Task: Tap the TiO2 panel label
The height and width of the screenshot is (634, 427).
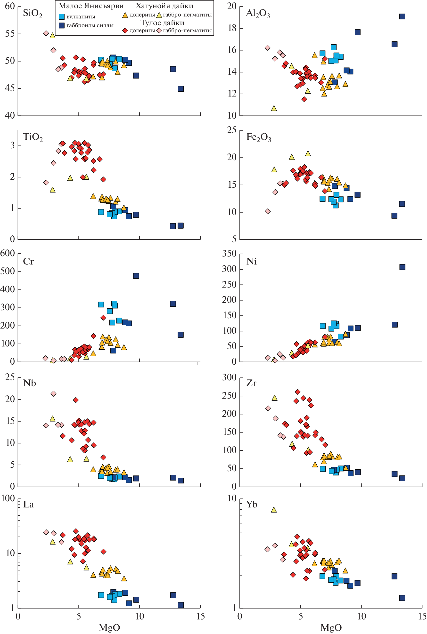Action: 33,137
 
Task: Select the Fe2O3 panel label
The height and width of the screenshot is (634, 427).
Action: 258,137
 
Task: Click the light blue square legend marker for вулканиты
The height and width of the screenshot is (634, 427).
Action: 62,16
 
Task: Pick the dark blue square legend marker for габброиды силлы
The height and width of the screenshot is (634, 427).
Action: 62,25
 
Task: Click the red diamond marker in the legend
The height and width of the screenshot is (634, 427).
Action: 125,31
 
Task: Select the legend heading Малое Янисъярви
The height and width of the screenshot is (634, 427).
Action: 91,6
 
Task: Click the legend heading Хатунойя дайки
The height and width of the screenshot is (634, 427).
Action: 164,6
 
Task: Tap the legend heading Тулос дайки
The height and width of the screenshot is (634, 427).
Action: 162,23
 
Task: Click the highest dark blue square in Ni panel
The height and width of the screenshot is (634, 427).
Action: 402,267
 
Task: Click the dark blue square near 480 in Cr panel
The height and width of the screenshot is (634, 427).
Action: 136,276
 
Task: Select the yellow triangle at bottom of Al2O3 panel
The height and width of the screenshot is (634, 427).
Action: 274,108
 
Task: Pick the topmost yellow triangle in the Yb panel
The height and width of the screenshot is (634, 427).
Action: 274,510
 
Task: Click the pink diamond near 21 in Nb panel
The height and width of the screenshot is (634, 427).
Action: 53,393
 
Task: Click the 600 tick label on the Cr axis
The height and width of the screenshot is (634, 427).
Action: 8,253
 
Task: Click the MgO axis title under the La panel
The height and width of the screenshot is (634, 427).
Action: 109,627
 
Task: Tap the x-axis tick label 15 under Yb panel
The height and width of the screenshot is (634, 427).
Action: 422,616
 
